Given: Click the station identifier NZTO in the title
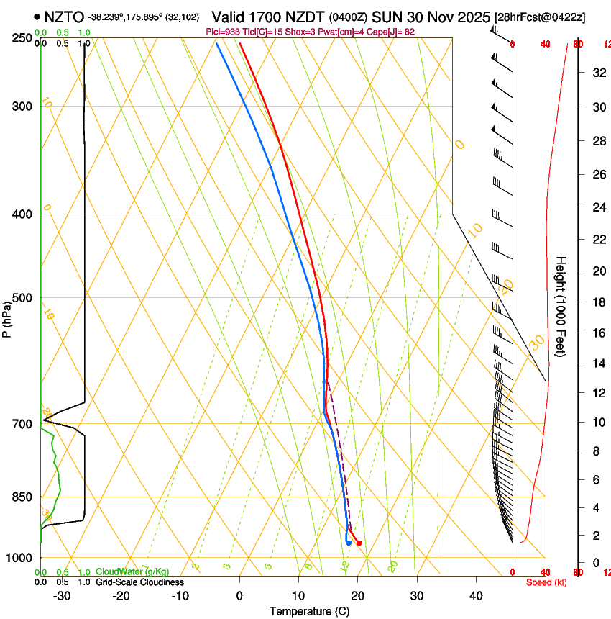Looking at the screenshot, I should [63, 16].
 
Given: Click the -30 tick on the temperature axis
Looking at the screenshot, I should [62, 595].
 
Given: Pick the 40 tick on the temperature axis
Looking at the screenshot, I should [476, 595].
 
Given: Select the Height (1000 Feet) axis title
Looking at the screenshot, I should [561, 306].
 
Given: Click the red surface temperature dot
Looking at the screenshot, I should [359, 543].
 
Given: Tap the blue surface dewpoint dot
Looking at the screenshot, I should [349, 543].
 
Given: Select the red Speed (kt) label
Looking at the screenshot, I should [546, 582].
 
